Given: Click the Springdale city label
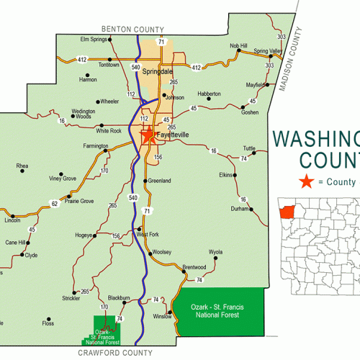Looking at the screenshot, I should [158, 72].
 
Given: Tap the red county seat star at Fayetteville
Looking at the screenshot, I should [148, 135].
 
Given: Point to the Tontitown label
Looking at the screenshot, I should [109, 64].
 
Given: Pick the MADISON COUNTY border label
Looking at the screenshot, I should [292, 64].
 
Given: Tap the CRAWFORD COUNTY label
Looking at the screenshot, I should [115, 353].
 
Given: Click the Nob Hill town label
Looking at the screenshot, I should [238, 45].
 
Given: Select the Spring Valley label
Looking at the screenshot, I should [268, 51].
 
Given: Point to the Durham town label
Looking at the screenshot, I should [239, 209].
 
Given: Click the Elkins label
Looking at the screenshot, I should [226, 175].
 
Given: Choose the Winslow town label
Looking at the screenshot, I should [162, 316].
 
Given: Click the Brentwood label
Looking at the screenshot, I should [194, 267].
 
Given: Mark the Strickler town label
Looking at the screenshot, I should [71, 297].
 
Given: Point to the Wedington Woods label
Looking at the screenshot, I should [84, 114].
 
